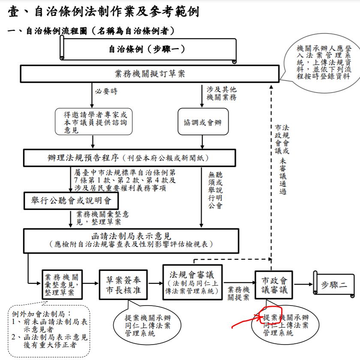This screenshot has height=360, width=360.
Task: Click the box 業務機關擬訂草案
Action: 150,74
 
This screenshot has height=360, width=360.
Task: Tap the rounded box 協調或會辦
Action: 203,122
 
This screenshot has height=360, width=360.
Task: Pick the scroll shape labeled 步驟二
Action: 333,284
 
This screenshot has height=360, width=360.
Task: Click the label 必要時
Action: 106,91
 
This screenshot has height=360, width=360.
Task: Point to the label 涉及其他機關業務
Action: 222,93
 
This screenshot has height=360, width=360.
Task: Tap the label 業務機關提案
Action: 239,293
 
